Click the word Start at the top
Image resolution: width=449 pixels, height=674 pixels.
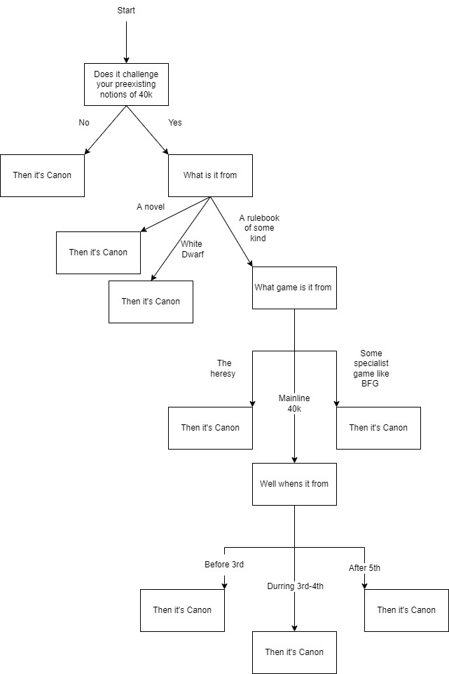126,11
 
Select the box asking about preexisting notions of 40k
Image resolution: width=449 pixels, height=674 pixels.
126,84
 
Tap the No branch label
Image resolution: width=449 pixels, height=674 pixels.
84,123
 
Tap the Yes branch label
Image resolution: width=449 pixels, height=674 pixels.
175,123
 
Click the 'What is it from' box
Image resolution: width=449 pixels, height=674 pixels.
210,175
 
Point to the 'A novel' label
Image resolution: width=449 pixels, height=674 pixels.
151,207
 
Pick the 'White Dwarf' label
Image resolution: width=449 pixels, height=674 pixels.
192,250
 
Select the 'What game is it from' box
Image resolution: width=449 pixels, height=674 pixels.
294,288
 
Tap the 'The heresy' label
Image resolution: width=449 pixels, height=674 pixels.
224,369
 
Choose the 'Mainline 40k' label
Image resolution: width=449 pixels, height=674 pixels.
294,404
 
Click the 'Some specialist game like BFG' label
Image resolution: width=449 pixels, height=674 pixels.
371,369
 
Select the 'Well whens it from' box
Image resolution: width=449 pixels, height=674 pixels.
294,484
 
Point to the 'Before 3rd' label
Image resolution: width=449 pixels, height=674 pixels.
224,565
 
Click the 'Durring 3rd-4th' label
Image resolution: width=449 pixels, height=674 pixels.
294,586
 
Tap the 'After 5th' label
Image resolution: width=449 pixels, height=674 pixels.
364,568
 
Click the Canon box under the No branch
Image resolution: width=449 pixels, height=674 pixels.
42,175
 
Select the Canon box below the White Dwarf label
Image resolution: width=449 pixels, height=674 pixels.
151,302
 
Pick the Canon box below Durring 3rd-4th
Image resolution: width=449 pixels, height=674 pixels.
294,652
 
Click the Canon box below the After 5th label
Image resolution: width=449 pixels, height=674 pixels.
406,610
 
